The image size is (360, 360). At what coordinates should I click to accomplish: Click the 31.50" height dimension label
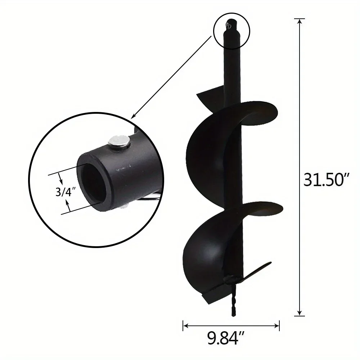(327, 179)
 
